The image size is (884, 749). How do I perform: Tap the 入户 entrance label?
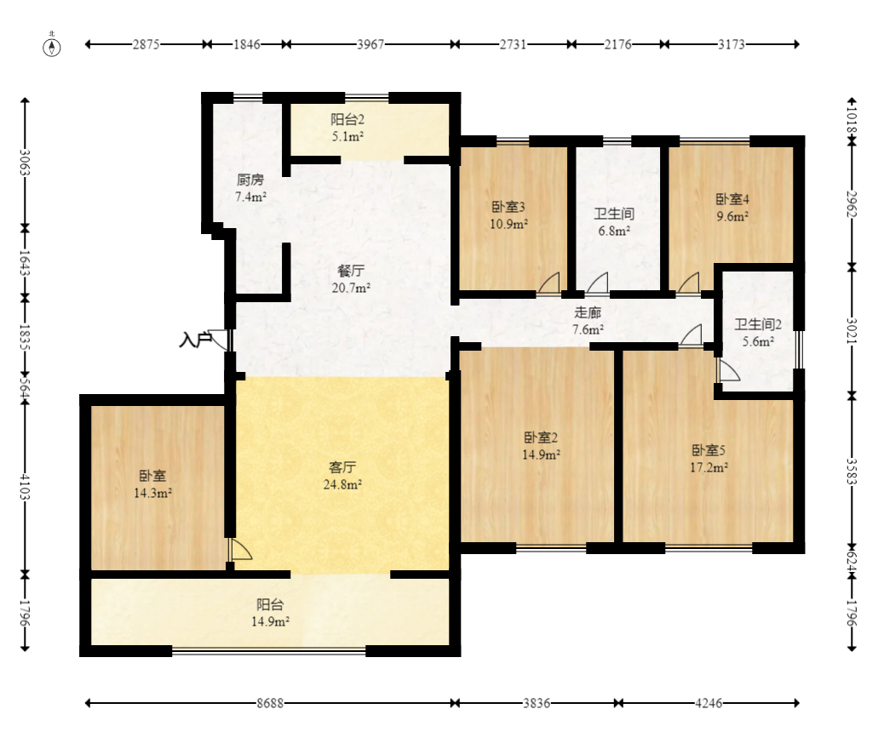(x=195, y=340)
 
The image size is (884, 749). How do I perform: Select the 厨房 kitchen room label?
(x=250, y=188)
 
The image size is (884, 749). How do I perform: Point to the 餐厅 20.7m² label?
(x=351, y=279)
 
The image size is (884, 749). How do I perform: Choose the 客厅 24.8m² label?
(x=342, y=476)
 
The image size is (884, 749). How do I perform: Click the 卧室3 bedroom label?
(x=508, y=215)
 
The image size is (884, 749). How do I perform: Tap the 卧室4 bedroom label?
(x=732, y=208)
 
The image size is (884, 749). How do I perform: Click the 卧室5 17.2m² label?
(x=709, y=458)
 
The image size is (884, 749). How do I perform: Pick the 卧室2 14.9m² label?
(x=541, y=446)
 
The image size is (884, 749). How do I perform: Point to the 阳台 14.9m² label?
(x=270, y=613)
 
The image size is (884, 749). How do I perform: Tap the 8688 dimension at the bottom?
(x=270, y=704)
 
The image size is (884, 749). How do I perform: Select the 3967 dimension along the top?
(x=370, y=44)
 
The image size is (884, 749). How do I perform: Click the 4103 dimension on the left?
(x=26, y=488)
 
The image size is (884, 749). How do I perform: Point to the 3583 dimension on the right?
(x=852, y=474)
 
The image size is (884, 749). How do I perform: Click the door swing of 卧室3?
(x=549, y=283)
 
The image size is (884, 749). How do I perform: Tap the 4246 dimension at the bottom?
(x=709, y=704)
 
